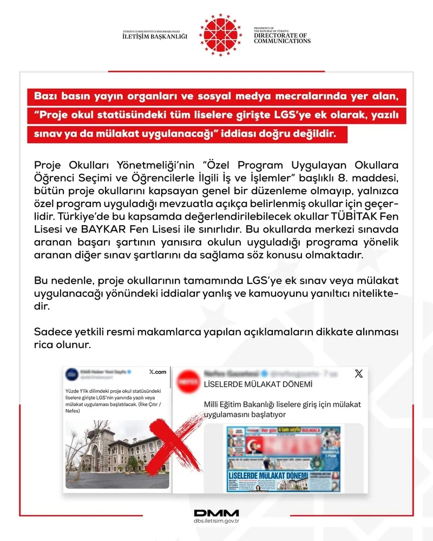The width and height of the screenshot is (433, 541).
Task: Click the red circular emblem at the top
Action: pos(220,35)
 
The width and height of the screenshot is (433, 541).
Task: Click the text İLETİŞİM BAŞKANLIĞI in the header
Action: pos(155,36)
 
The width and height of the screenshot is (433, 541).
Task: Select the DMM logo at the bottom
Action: pos(216,512)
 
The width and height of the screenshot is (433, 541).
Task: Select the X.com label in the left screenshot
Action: pos(157,372)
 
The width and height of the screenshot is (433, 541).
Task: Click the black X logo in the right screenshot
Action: pos(358,373)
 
